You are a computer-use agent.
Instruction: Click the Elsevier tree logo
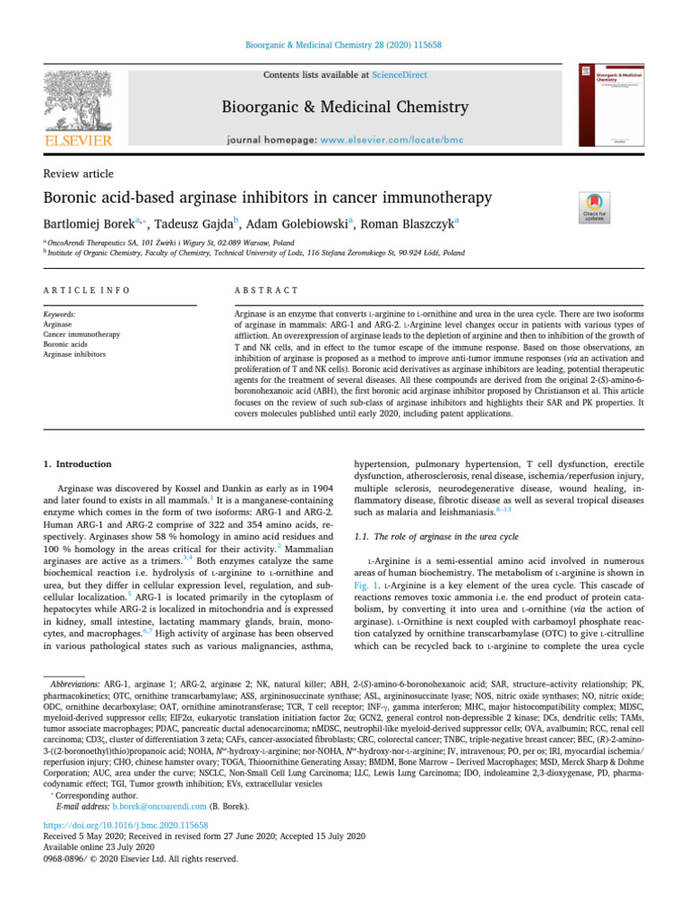coord(79,99)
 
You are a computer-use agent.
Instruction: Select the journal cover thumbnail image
coord(609,107)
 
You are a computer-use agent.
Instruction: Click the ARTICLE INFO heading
coord(87,290)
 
